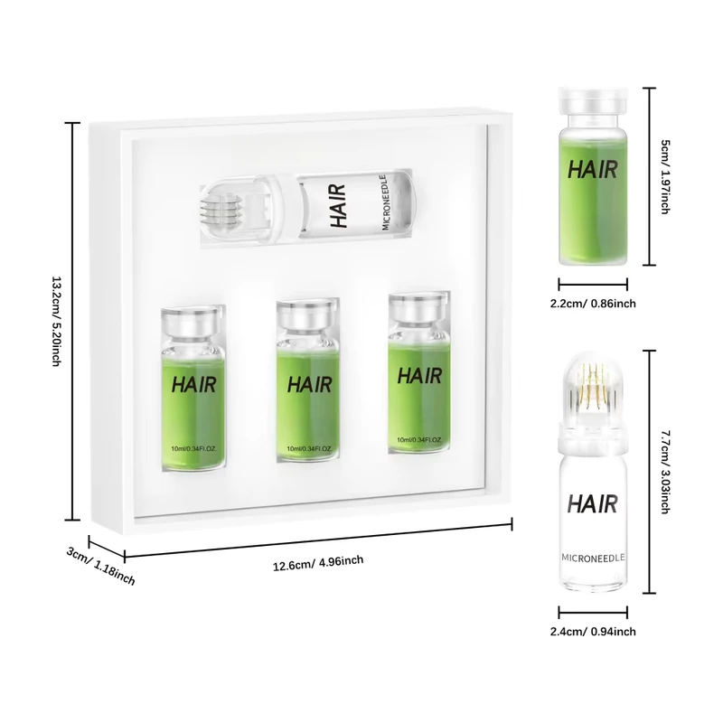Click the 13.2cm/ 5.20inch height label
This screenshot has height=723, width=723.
(x=56, y=322)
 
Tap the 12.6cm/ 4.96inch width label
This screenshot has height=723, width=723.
(x=318, y=563)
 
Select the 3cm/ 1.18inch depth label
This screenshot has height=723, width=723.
(x=101, y=566)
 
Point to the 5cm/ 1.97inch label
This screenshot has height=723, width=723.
(x=665, y=176)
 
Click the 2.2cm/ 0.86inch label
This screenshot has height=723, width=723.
(x=593, y=304)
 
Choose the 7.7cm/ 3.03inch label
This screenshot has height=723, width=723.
(x=665, y=472)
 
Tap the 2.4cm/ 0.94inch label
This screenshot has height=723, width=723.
(x=593, y=631)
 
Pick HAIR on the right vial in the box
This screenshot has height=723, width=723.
(x=419, y=376)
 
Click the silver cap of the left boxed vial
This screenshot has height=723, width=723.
(x=191, y=321)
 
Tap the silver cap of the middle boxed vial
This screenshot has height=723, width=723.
(x=306, y=315)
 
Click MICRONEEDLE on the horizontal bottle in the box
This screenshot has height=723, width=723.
(x=387, y=202)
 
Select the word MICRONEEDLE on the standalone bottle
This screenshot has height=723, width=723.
(x=593, y=558)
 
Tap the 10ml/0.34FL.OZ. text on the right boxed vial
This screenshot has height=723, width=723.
(x=419, y=440)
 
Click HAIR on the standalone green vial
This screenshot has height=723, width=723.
(x=593, y=169)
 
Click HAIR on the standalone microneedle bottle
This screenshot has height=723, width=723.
(x=593, y=503)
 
